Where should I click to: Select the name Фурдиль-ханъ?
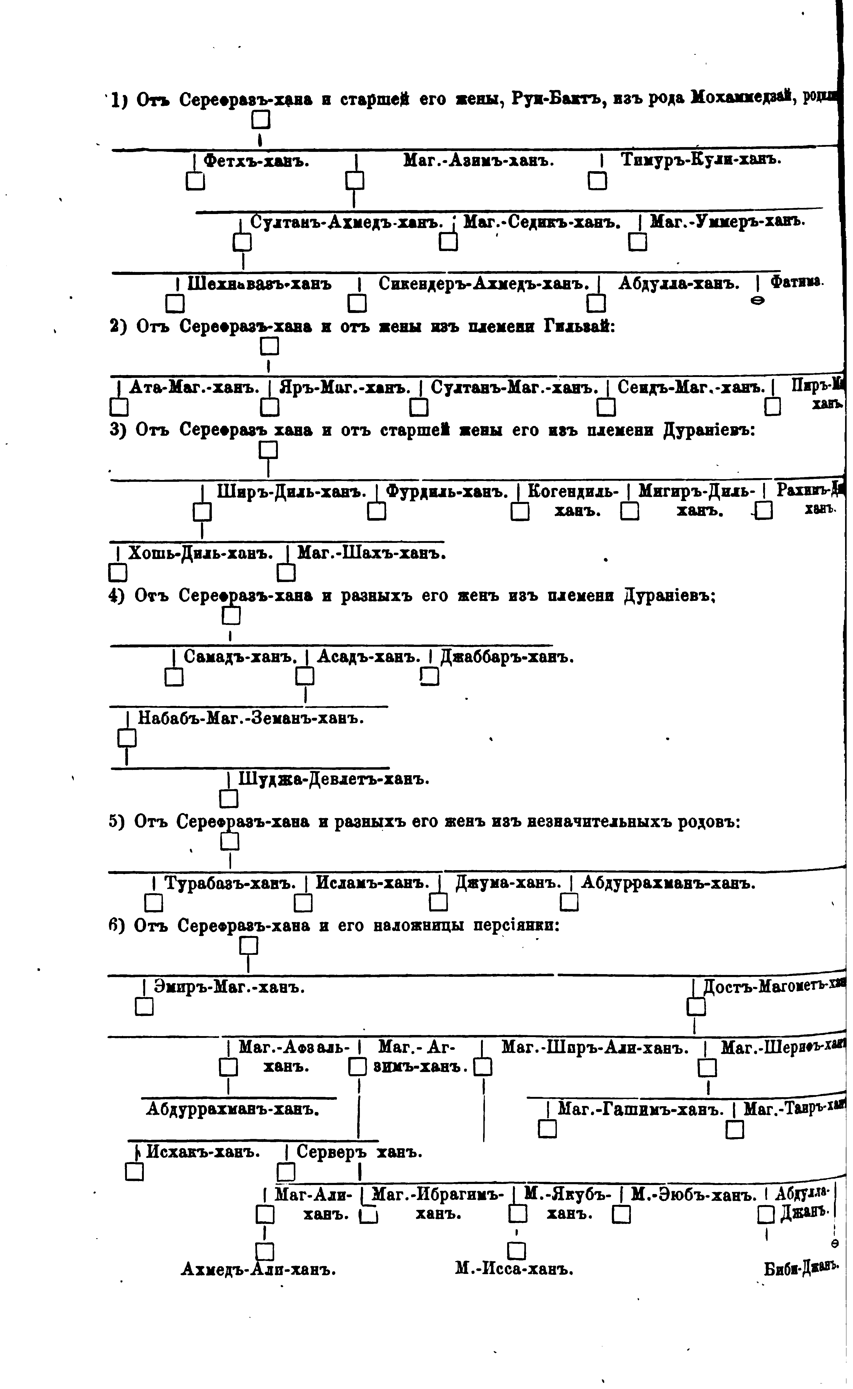447,492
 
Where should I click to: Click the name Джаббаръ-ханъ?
507,657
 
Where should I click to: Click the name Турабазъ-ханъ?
230,883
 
